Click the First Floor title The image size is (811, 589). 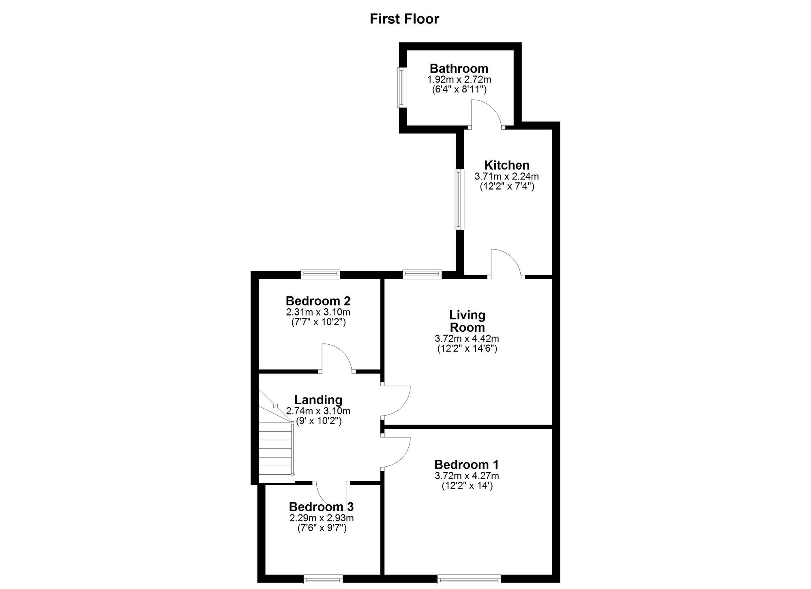pos(404,19)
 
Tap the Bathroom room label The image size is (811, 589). pos(459,68)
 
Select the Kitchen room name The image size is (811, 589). pos(507,165)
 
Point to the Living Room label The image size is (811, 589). pos(467,321)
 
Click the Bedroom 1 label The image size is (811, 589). pos(467,465)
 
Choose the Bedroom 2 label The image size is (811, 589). pos(318,301)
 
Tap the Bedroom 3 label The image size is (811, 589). pos(321,507)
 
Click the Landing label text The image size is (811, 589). pos(318,400)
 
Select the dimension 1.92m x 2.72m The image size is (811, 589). pos(459,80)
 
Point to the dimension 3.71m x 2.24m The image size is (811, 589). pos(507,177)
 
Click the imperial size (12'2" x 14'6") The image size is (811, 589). pos(467,348)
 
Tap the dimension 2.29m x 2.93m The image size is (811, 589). pos(321,518)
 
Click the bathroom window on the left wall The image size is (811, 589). pos(402,87)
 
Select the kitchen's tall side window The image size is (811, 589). pos(459,199)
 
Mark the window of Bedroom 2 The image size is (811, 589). pos(320,274)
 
